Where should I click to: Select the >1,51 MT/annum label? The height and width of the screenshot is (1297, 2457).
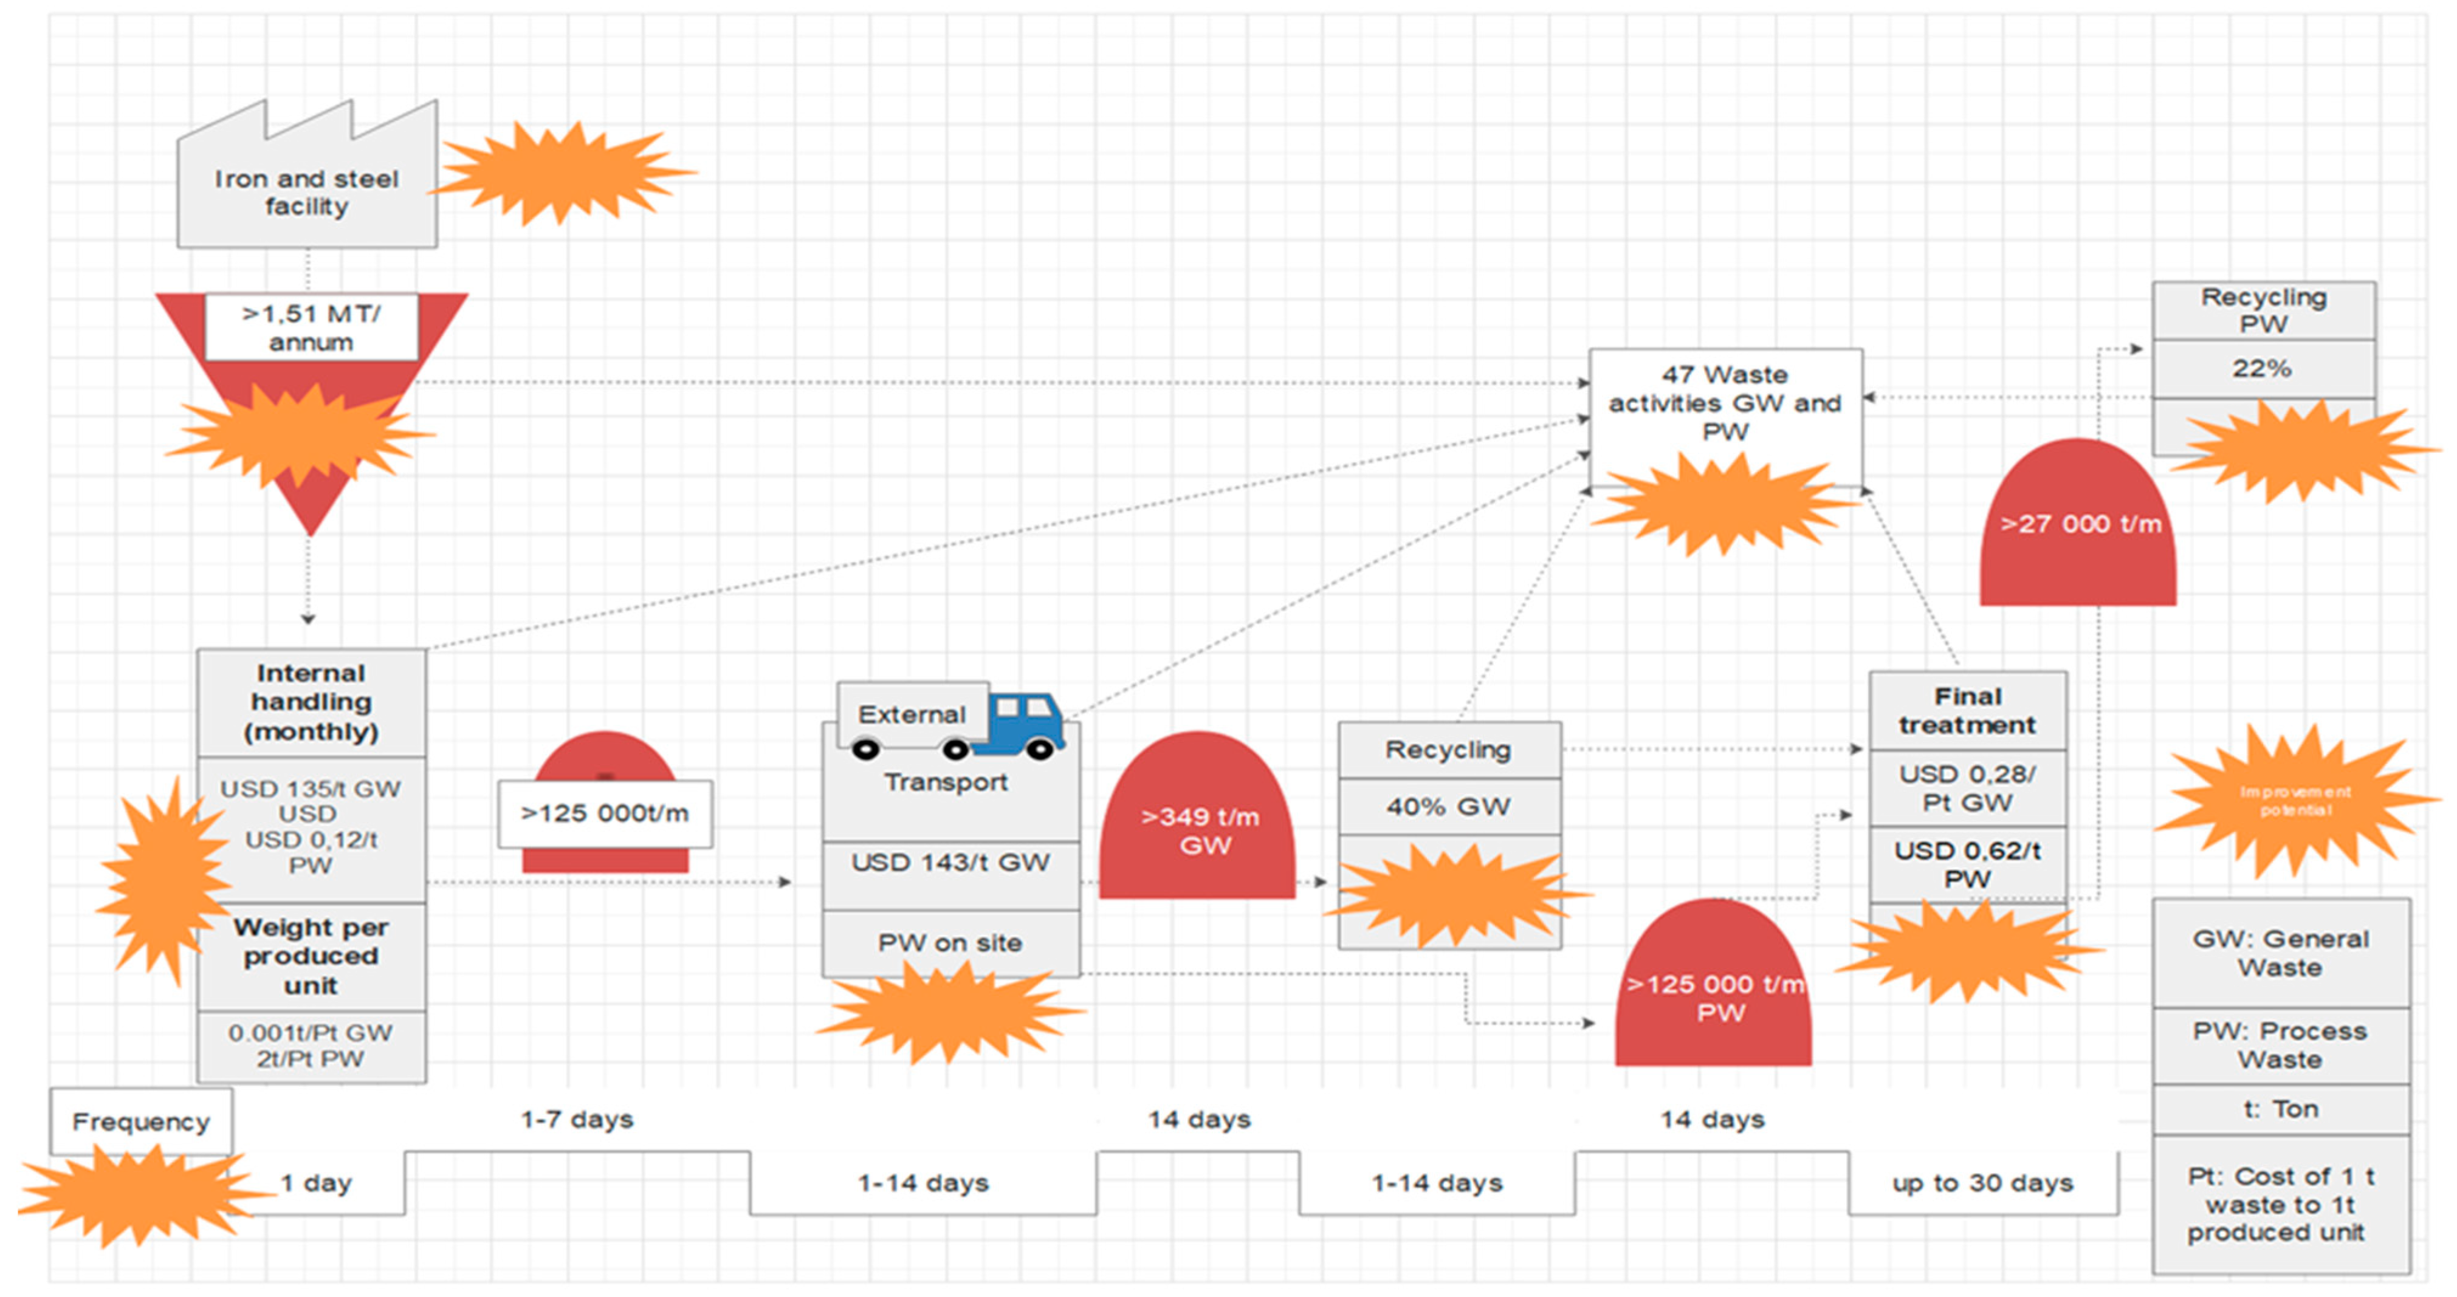point(311,327)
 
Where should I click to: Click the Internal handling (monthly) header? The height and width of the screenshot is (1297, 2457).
point(311,703)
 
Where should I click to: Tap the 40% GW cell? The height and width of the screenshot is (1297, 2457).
point(1448,807)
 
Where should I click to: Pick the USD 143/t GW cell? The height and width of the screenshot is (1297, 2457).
point(950,863)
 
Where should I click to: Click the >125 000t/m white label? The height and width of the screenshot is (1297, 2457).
point(605,813)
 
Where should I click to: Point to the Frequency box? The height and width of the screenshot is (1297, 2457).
point(141,1121)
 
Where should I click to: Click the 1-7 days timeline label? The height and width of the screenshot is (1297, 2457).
point(577,1120)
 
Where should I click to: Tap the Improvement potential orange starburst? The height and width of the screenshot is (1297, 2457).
point(2295,801)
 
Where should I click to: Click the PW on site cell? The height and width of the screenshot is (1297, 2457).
point(950,943)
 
